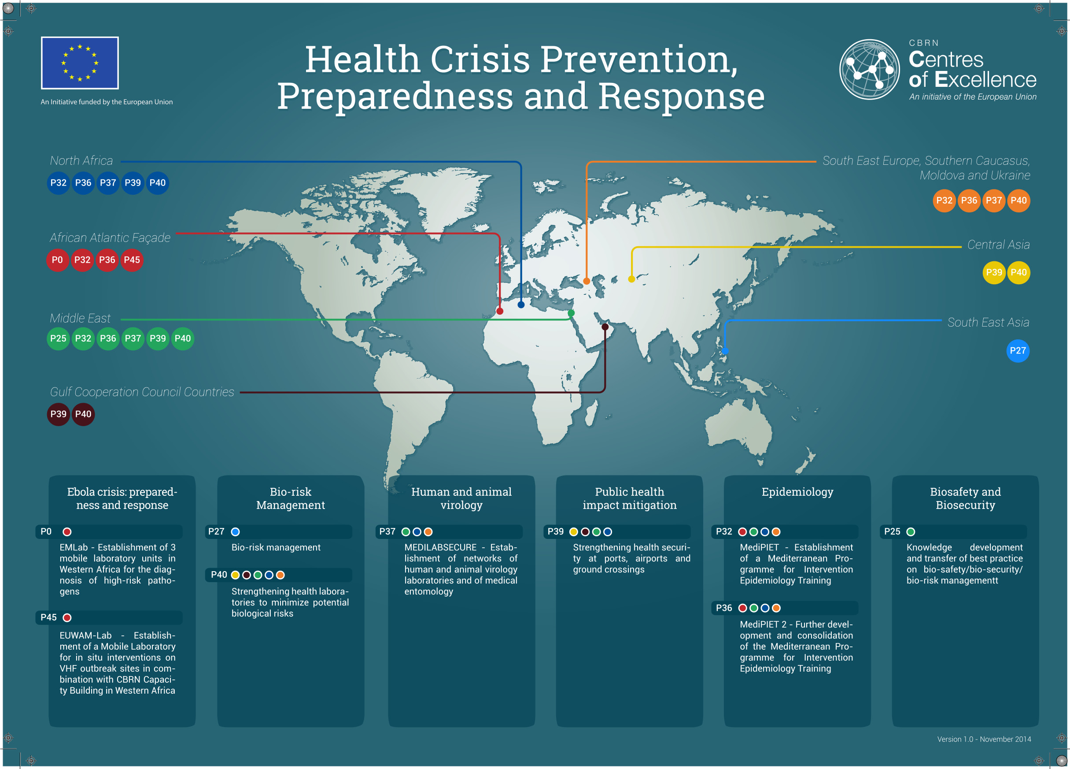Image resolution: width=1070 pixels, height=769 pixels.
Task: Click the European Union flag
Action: [80, 63]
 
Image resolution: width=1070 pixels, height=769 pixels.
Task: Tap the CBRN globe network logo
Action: [870, 69]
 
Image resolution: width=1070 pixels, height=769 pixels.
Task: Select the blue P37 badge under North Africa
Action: [108, 183]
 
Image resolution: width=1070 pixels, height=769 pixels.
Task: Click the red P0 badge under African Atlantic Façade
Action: [58, 260]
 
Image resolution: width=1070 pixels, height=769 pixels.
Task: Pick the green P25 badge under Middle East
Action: [59, 338]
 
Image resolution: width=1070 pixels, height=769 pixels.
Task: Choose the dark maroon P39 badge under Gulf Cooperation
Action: [59, 414]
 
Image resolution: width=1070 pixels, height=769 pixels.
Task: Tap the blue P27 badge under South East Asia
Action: [1018, 351]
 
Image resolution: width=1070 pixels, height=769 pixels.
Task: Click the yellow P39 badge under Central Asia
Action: [994, 272]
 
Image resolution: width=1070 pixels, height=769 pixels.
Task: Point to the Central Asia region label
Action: [998, 245]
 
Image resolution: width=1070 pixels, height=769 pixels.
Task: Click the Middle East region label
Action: [80, 318]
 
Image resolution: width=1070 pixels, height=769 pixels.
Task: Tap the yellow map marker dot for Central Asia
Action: [632, 279]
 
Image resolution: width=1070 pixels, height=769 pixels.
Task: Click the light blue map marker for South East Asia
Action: [725, 351]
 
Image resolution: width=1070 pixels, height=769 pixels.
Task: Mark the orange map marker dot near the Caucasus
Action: [587, 281]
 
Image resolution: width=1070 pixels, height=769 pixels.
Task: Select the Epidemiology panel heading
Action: [797, 492]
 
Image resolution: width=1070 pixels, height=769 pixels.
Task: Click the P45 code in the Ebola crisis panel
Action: [48, 617]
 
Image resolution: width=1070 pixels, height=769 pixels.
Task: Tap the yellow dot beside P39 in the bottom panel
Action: [574, 532]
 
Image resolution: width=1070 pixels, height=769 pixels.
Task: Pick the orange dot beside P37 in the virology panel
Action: [428, 532]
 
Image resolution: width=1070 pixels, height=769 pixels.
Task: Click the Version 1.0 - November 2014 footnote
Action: [984, 739]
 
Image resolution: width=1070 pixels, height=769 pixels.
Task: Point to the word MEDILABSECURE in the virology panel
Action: [441, 548]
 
